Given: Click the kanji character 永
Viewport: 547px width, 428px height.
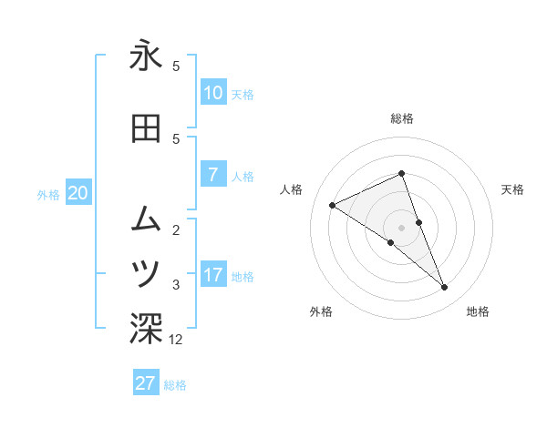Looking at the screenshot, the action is click(x=146, y=56).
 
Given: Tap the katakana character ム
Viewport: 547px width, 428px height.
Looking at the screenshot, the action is click(x=146, y=218).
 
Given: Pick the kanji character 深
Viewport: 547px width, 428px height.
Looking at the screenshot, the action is click(x=146, y=330).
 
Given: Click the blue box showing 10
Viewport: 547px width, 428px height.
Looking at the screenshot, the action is click(x=212, y=93).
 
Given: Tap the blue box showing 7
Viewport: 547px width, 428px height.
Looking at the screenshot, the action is click(x=212, y=176).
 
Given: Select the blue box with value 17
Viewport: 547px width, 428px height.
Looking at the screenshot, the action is click(x=212, y=276).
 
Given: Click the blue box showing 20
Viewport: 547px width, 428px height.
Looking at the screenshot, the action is click(x=78, y=193).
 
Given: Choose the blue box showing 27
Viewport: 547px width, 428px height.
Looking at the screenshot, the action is click(x=146, y=383).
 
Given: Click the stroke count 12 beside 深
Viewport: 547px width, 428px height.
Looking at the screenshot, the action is click(x=176, y=340).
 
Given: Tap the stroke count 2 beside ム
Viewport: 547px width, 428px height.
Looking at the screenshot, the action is click(x=176, y=229).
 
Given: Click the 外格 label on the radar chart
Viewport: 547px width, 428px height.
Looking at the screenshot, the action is click(x=321, y=312).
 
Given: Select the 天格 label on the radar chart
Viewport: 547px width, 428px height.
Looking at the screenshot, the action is click(x=513, y=189).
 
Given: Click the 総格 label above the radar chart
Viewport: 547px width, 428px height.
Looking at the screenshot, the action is click(x=402, y=118).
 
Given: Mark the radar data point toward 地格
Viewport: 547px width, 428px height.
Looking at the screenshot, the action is click(x=445, y=288).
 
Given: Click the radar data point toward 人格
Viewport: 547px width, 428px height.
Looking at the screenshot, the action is click(x=332, y=205).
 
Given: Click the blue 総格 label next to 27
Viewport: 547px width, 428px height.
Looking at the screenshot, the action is click(x=175, y=385).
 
